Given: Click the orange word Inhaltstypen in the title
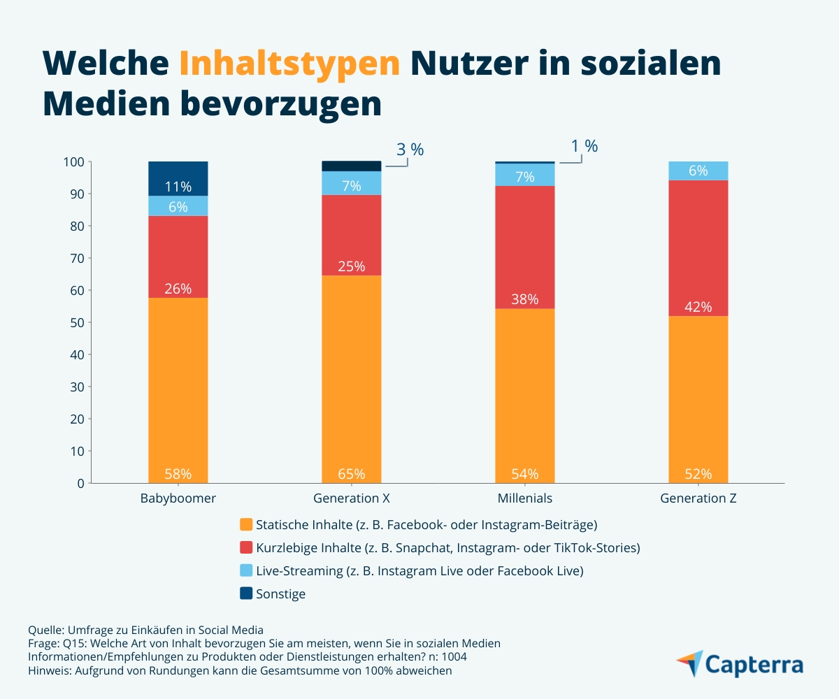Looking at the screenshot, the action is (x=289, y=64).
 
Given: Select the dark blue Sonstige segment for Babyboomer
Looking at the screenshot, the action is (x=178, y=178).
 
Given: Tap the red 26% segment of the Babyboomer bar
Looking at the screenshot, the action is (x=178, y=257).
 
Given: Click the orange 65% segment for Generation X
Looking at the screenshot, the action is (x=352, y=380).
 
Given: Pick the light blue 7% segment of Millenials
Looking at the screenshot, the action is (x=525, y=175).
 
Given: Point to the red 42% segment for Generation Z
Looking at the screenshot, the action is (x=698, y=248).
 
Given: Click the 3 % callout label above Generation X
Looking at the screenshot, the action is (x=410, y=150).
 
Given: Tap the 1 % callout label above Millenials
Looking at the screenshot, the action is (x=585, y=146).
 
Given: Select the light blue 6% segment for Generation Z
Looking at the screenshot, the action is (x=698, y=171).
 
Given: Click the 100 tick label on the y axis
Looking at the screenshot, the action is (x=74, y=162).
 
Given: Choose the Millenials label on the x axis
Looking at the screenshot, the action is (x=525, y=498).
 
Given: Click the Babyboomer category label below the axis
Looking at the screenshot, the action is (x=178, y=498).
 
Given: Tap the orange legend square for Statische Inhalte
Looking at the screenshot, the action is (x=246, y=524).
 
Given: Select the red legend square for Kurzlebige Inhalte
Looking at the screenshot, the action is (x=246, y=547).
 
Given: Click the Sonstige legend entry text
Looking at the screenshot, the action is (x=280, y=593).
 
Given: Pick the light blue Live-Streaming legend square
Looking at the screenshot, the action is (x=246, y=570).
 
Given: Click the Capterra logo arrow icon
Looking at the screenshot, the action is (x=690, y=663).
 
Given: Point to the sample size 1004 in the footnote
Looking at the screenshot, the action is (x=454, y=657).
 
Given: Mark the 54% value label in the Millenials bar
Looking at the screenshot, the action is (x=525, y=474).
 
